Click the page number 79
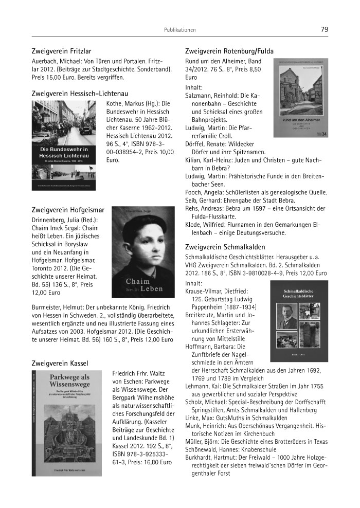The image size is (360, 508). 324,30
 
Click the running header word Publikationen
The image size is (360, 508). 179,30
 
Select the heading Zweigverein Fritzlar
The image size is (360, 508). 61,51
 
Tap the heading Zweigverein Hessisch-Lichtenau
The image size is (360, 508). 80,94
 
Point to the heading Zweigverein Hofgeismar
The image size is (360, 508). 68,210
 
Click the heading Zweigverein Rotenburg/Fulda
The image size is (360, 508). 229,51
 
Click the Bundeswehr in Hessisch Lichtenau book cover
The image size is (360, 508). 63,145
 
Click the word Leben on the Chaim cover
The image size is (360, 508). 152,289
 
